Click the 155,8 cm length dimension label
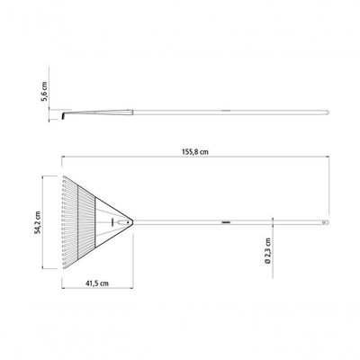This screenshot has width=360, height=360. (195, 152)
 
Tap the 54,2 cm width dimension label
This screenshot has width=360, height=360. (38, 222)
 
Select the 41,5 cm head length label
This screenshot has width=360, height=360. (97, 283)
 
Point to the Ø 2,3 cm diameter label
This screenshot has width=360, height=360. (268, 251)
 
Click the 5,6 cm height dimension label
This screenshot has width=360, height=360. (44, 91)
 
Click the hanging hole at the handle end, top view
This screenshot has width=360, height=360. (324, 222)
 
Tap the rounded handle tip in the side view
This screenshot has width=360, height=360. (328, 112)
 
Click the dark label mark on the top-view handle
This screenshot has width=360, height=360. (226, 222)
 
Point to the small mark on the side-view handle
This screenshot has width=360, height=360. (226, 111)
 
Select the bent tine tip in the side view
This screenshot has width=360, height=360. (63, 116)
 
